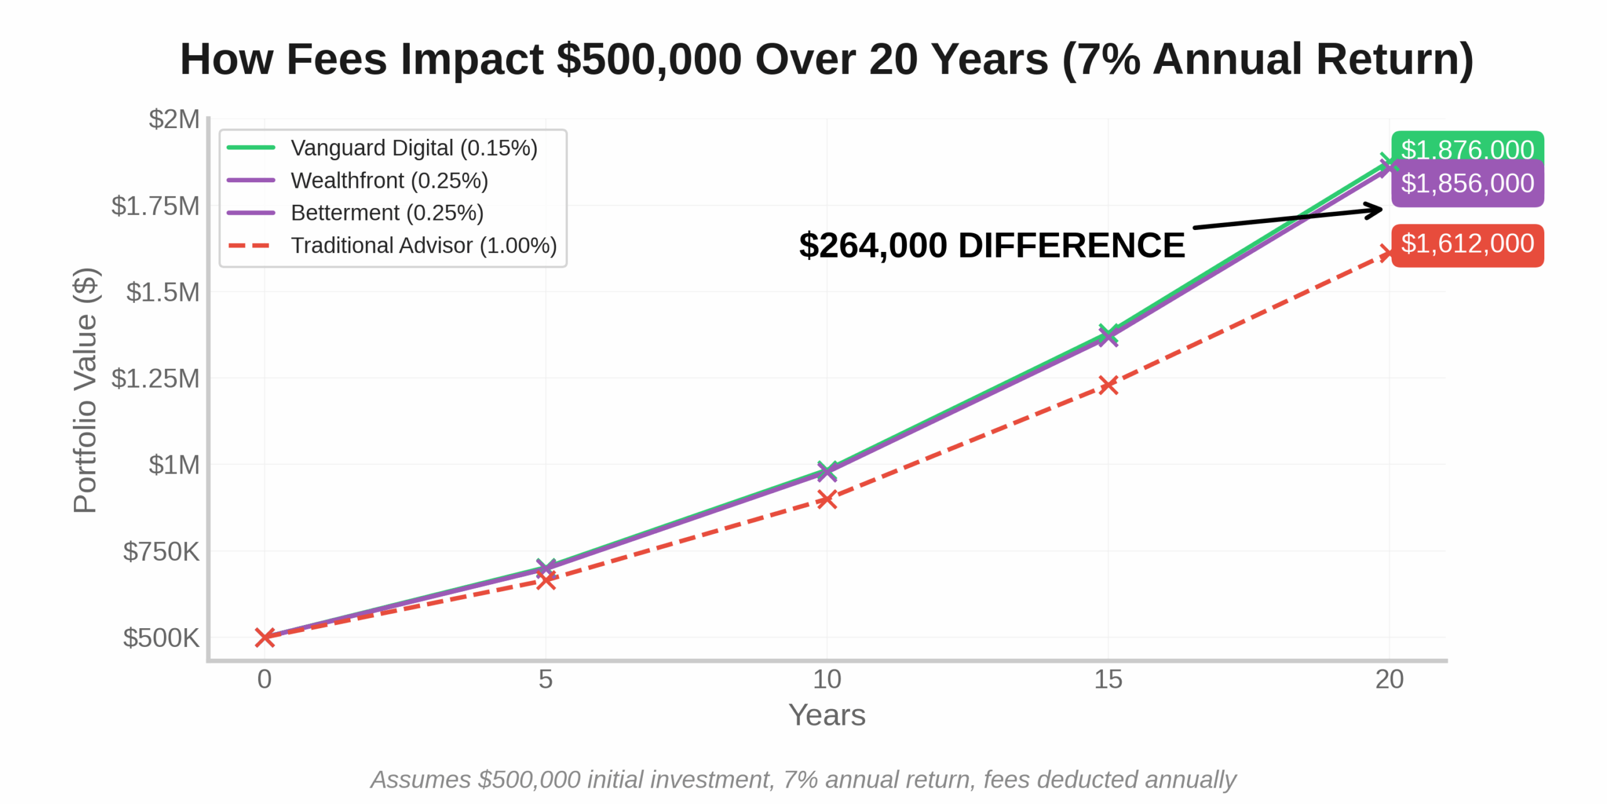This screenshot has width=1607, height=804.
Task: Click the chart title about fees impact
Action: [x=826, y=60]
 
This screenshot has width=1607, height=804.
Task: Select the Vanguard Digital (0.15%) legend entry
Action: [x=414, y=148]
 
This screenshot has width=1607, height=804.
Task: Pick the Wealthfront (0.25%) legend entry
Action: [x=389, y=181]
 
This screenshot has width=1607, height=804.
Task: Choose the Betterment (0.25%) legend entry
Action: [x=387, y=213]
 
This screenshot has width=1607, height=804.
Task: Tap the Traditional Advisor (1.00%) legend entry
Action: [x=423, y=246]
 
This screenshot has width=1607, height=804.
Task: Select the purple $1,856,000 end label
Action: [x=1467, y=183]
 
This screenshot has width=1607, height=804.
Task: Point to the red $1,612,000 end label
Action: [x=1467, y=244]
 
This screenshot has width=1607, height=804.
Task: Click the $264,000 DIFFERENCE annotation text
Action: [x=991, y=246]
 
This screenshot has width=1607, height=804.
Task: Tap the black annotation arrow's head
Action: [x=1377, y=210]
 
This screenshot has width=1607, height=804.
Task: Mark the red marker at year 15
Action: [x=1108, y=385]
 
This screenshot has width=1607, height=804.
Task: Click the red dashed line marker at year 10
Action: [x=827, y=499]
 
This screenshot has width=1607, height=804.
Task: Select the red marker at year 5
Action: [x=546, y=580]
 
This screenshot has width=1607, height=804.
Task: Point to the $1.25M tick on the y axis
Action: [x=154, y=379]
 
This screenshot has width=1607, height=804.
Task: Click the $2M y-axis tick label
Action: [x=174, y=119]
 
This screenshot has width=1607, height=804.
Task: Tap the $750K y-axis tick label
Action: [x=161, y=551]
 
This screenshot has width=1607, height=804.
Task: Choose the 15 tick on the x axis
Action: [x=1108, y=680]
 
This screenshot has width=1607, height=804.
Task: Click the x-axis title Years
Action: [x=827, y=715]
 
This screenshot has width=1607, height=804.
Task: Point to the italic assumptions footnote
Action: [x=803, y=780]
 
